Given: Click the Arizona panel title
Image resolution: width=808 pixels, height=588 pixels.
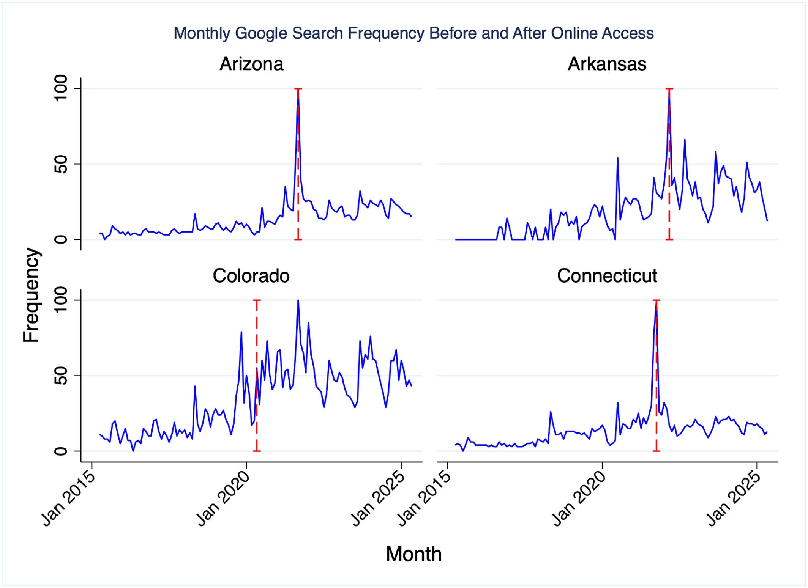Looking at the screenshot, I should click(251, 64).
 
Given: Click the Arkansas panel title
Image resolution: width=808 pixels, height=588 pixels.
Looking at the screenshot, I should click(607, 64).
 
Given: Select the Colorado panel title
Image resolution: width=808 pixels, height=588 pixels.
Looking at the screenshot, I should click(251, 276).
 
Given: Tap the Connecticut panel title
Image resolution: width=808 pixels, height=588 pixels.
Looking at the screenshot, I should click(607, 276).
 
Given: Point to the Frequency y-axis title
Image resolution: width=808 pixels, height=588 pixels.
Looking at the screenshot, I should click(31, 295).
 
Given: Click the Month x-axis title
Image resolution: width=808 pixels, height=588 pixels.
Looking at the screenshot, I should click(413, 554).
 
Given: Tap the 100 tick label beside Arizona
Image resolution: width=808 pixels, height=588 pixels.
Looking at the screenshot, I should click(61, 88).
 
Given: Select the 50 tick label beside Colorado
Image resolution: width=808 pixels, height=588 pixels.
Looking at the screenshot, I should click(61, 376).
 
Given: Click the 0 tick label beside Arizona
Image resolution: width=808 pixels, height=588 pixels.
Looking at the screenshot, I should click(61, 239).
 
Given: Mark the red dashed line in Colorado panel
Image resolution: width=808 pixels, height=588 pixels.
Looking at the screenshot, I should click(257, 417).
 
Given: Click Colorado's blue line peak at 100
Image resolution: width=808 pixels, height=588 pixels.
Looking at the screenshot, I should click(298, 301).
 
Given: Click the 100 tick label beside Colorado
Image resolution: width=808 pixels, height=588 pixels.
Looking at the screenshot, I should click(61, 300).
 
